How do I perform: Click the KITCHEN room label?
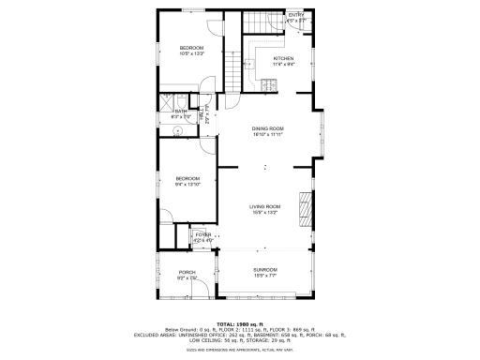point(282,59)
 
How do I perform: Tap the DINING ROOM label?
point(267,128)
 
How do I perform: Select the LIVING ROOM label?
point(264,206)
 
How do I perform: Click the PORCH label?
point(187,273)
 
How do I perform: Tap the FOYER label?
point(203,235)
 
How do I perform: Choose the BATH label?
point(181,111)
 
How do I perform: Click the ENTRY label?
point(296,15)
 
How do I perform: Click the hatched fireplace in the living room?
point(303,203)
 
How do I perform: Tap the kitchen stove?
point(270,85)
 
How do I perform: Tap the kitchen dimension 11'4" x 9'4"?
point(282,65)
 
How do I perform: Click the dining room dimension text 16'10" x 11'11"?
point(267,134)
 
